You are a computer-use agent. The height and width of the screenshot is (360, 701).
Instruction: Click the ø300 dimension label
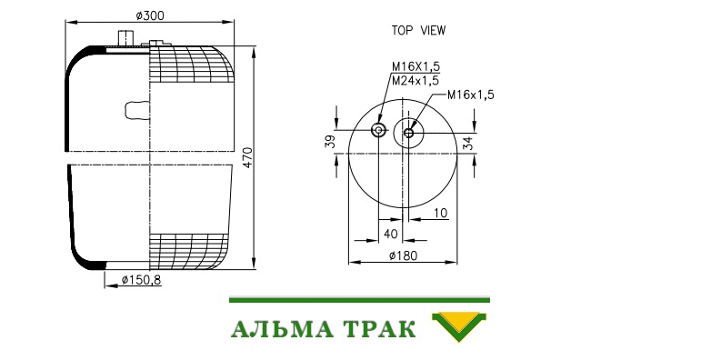[150, 15]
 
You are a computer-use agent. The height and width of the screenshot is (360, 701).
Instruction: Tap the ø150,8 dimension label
[141, 280]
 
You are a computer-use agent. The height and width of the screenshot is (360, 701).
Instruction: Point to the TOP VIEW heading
[418, 30]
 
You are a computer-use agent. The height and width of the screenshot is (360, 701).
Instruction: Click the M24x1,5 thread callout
[416, 81]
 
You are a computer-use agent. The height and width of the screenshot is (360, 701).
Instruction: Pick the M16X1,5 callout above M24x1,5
[416, 66]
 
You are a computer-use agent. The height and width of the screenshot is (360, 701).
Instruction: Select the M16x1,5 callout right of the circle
[471, 95]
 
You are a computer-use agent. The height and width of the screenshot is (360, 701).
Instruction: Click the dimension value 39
[329, 142]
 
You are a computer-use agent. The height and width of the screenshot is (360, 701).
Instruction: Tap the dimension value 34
[467, 144]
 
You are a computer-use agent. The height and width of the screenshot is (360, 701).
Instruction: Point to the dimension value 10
[440, 213]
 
